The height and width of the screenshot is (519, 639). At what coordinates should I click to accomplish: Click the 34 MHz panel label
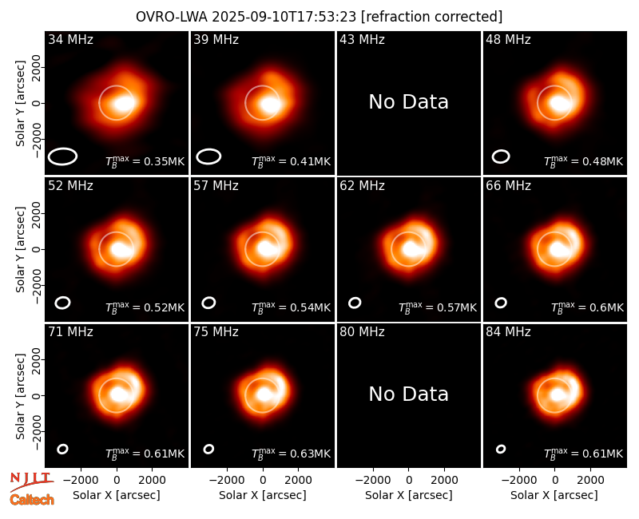[x=70, y=39]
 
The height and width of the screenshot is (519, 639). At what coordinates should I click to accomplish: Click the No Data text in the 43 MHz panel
[x=409, y=102]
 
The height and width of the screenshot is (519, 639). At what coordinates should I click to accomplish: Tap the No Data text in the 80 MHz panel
[x=409, y=394]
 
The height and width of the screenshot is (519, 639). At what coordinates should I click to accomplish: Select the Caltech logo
[x=32, y=500]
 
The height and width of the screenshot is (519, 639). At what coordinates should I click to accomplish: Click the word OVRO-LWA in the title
[x=172, y=17]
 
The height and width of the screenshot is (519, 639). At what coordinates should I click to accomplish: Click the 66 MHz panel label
[x=508, y=186]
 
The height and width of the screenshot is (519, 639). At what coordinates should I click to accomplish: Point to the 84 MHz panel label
[x=508, y=332]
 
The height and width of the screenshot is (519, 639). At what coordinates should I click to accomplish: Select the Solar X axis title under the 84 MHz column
[x=554, y=495]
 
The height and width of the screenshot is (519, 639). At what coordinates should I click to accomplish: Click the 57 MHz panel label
[x=216, y=186]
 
